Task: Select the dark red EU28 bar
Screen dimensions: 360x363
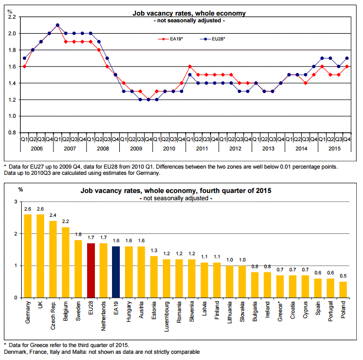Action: point(91,270)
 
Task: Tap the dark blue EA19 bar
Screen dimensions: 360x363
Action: point(116,272)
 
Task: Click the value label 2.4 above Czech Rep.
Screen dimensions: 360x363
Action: point(53,215)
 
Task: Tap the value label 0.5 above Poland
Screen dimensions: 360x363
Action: point(342,275)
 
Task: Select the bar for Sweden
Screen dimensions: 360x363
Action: point(78,269)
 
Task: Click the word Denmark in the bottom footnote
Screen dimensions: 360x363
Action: point(16,352)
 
